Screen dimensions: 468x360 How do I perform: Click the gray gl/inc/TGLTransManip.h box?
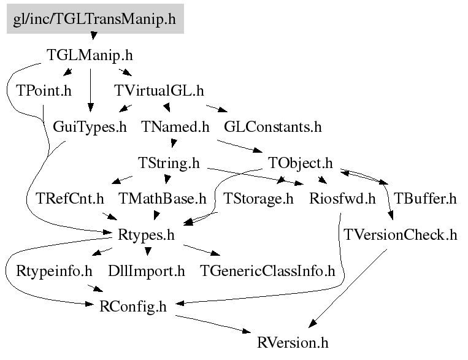click(x=95, y=19)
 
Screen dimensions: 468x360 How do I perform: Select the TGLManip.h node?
click(x=90, y=55)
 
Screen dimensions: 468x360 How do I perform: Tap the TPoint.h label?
click(x=44, y=91)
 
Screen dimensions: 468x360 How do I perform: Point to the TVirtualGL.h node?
click(x=159, y=91)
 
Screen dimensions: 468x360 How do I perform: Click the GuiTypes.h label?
click(x=90, y=127)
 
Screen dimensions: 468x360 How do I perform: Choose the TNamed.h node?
click(x=175, y=127)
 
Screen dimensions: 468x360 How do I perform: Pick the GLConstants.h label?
click(x=273, y=127)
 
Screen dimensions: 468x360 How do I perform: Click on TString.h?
click(x=169, y=163)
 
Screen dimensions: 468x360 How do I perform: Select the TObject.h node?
click(x=300, y=163)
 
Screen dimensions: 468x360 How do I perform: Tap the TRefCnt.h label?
click(x=69, y=199)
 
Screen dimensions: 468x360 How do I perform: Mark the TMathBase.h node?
click(x=163, y=199)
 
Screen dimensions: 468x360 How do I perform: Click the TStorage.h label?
click(x=258, y=199)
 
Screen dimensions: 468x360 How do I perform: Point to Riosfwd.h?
click(x=342, y=199)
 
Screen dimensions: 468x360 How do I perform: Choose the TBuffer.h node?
click(x=425, y=199)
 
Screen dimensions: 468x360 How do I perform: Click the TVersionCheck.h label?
click(x=401, y=235)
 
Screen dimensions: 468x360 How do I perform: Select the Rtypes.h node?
click(x=146, y=236)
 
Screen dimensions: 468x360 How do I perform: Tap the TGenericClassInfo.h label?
click(x=267, y=271)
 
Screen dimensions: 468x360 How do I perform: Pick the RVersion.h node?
click(x=293, y=343)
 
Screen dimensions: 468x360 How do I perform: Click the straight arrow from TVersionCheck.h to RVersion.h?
click(x=348, y=288)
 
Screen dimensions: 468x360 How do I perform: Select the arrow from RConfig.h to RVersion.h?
click(x=213, y=324)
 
